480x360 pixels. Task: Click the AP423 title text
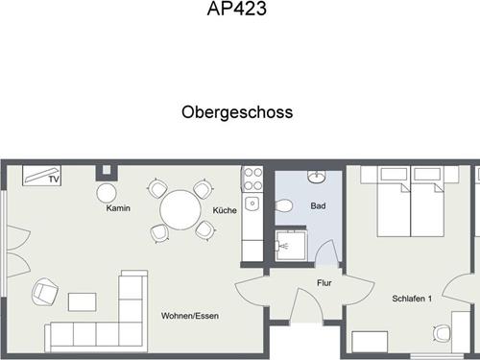[x=237, y=9]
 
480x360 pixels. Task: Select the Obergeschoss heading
[x=237, y=112]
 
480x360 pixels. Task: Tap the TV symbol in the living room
[x=41, y=176]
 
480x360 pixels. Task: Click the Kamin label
[x=118, y=208]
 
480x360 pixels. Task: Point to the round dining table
[x=180, y=210]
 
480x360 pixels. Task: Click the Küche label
[x=225, y=210]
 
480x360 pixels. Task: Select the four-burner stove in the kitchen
[x=252, y=179]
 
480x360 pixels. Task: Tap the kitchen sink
[x=252, y=204]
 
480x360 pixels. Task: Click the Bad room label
[x=318, y=205]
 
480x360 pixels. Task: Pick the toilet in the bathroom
[x=284, y=205]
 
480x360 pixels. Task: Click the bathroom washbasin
[x=317, y=177]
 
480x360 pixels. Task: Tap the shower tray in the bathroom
[x=291, y=246]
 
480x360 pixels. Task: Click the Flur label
[x=324, y=283]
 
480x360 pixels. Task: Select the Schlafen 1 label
[x=412, y=299]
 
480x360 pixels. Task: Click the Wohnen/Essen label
[x=190, y=316]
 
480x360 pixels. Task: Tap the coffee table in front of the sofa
[x=83, y=301]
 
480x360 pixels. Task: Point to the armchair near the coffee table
[x=45, y=292]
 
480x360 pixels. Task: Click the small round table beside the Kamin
[x=107, y=193]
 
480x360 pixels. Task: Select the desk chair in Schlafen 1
[x=443, y=333]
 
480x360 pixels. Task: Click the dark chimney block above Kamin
[x=107, y=173]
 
